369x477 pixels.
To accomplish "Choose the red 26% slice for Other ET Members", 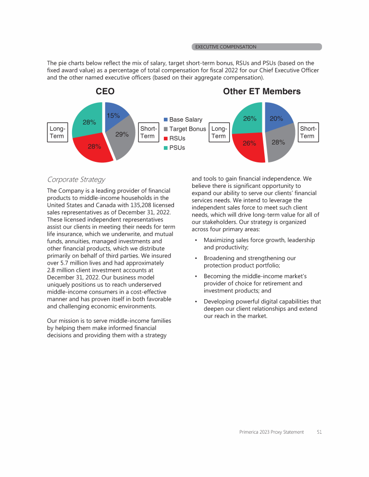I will (x=249, y=143).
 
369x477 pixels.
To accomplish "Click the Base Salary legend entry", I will (x=183, y=119).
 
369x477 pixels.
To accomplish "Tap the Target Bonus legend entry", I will (x=184, y=129).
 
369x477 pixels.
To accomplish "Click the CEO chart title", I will (x=105, y=91).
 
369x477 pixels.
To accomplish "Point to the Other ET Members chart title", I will (x=262, y=91).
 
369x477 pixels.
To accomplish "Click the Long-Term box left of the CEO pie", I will (x=57, y=132).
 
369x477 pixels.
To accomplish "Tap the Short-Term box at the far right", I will (x=307, y=132).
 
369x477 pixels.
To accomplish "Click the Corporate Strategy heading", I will (x=76, y=180).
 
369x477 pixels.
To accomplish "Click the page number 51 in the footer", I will (x=319, y=432).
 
